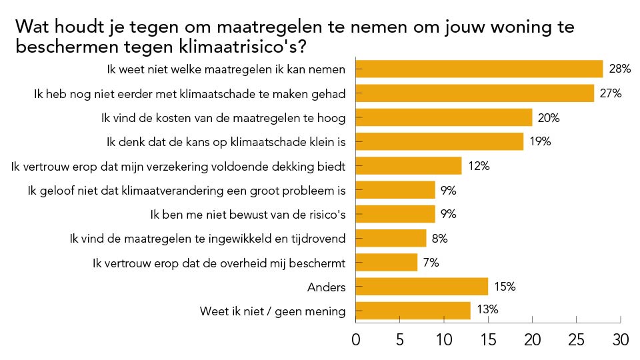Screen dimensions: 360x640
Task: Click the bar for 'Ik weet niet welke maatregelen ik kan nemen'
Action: coord(479,69)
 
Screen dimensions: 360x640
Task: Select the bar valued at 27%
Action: coord(475,93)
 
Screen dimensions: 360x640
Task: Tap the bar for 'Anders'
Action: coord(421,287)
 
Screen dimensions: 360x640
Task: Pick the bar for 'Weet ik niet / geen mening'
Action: coord(413,311)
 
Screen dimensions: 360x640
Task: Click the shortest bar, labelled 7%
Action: coord(386,263)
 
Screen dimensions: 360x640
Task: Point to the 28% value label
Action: coord(619,69)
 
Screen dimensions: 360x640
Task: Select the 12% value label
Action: coord(478,166)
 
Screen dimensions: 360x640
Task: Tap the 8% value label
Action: coord(439,238)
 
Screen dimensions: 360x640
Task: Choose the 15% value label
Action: coord(505,287)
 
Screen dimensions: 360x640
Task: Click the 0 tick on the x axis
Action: coord(355,340)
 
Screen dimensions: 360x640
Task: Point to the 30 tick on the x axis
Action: coord(620,340)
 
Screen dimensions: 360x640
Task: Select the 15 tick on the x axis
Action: coord(488,340)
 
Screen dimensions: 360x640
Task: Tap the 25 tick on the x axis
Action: coord(576,340)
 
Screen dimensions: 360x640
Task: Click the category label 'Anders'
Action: coord(327,287)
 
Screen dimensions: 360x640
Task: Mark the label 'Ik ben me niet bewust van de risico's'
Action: coord(248,215)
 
